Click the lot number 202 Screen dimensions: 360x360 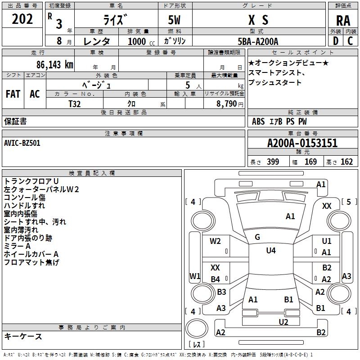pyautogui.click(x=22, y=19)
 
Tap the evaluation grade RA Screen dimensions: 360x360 pyautogui.click(x=343, y=20)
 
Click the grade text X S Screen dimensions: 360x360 pyautogui.click(x=258, y=20)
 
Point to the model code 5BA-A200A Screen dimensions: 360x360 pyautogui.click(x=258, y=41)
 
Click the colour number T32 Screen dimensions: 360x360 pyautogui.click(x=75, y=103)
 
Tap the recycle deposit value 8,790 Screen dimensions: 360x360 pyautogui.click(x=225, y=103)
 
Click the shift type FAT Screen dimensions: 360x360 pyautogui.click(x=13, y=94)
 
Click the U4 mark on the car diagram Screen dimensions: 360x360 pyautogui.click(x=270, y=251)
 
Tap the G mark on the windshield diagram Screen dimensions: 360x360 pyautogui.click(x=257, y=237)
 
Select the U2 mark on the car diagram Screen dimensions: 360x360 pyautogui.click(x=283, y=321)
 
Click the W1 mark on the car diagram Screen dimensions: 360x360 pyautogui.click(x=194, y=275)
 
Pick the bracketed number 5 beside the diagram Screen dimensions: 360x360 pyautogui.click(x=349, y=202)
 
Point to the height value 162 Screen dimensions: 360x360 pyautogui.click(x=346, y=162)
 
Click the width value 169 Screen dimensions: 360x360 pyautogui.click(x=310, y=162)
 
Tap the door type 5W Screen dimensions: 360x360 pyautogui.click(x=175, y=20)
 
